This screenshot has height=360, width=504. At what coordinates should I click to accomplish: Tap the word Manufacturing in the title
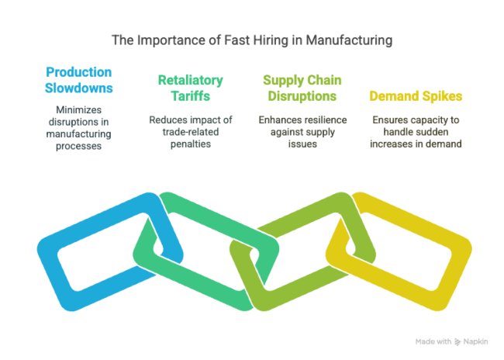click(349, 41)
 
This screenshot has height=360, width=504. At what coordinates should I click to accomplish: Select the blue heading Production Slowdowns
click(79, 80)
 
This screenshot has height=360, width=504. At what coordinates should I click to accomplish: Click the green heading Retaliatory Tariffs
click(190, 88)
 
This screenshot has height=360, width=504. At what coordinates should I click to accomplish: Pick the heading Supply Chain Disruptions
click(302, 88)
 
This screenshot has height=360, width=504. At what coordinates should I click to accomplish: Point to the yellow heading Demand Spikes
click(416, 96)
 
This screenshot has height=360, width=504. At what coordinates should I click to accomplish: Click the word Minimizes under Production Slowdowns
click(79, 109)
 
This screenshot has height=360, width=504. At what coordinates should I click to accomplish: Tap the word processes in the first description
click(79, 146)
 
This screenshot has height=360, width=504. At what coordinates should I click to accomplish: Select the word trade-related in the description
click(191, 132)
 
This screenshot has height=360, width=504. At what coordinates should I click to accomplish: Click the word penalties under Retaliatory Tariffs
click(191, 144)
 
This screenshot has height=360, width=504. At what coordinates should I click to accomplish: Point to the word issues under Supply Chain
click(302, 144)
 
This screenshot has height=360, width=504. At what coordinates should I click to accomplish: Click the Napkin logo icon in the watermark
click(457, 342)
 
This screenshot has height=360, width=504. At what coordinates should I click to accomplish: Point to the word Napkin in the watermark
click(476, 341)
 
